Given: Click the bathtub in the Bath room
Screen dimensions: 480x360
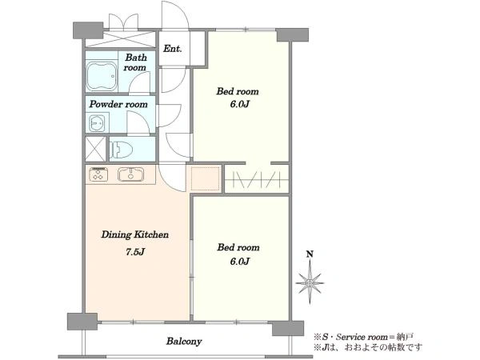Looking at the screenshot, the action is (102, 76).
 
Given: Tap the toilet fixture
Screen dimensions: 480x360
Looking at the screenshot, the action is (122, 150).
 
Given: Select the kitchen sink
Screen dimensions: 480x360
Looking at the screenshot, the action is (130, 174).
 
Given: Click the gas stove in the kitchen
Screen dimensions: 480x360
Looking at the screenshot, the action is (98, 174).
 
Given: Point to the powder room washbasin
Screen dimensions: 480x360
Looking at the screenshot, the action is (98, 122).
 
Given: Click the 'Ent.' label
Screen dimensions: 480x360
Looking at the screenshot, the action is (172, 48).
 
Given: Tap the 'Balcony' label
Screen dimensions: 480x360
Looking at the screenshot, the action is (184, 341).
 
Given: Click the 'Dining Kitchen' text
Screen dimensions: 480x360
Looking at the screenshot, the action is (134, 234).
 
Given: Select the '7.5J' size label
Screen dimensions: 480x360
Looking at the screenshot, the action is (135, 252).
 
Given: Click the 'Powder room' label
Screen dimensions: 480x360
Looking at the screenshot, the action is (118, 104).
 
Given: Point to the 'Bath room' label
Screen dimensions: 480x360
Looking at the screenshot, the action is (135, 62).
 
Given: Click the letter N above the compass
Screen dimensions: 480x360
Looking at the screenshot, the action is (310, 254).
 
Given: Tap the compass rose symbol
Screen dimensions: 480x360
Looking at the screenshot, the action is (310, 282).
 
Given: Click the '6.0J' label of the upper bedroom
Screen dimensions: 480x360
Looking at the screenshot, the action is (239, 104).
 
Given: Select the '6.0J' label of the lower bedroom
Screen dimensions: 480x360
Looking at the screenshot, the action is (239, 261).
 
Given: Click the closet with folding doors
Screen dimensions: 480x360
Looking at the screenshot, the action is (257, 178).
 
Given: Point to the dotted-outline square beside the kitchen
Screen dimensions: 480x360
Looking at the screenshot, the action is (205, 178).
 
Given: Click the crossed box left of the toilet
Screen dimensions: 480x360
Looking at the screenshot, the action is (95, 149).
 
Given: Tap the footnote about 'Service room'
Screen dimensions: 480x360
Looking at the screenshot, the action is (364, 337).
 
